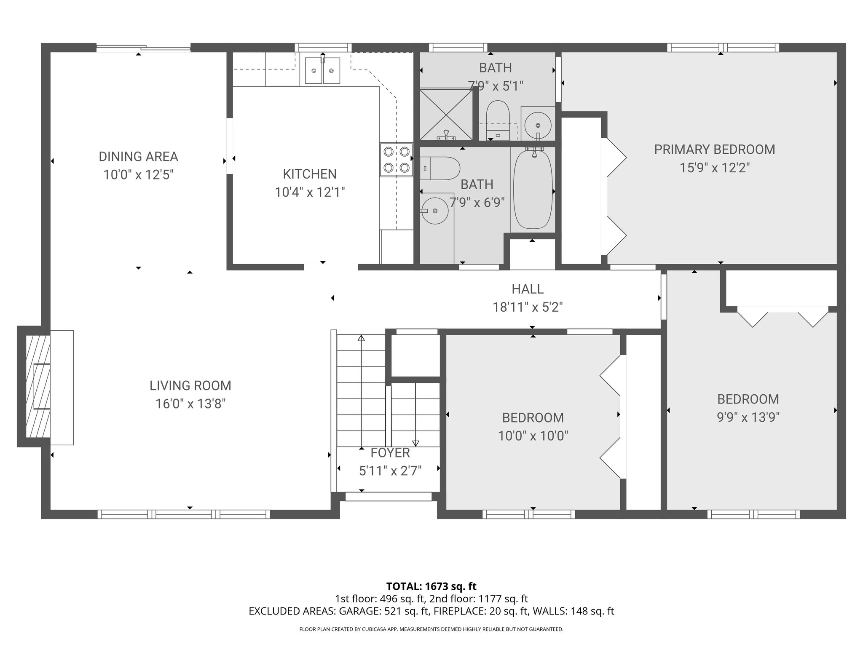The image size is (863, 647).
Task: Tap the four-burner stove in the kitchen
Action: tap(396, 160)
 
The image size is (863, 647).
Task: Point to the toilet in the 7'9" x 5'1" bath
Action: tap(498, 120)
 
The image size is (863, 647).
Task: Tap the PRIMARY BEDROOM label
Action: tap(714, 150)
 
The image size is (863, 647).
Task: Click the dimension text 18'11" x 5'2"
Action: tap(528, 307)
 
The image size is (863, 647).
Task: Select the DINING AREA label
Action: tap(138, 157)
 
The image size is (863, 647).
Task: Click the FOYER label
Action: tap(390, 453)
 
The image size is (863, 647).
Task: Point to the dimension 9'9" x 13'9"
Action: tap(748, 417)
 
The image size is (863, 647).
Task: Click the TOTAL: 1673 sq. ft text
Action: tap(431, 586)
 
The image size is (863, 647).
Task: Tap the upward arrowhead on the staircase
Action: tap(361, 338)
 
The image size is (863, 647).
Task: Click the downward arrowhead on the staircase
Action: tap(416, 443)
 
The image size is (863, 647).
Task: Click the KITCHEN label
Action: tap(310, 174)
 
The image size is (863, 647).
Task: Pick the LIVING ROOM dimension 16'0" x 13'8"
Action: tap(190, 404)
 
